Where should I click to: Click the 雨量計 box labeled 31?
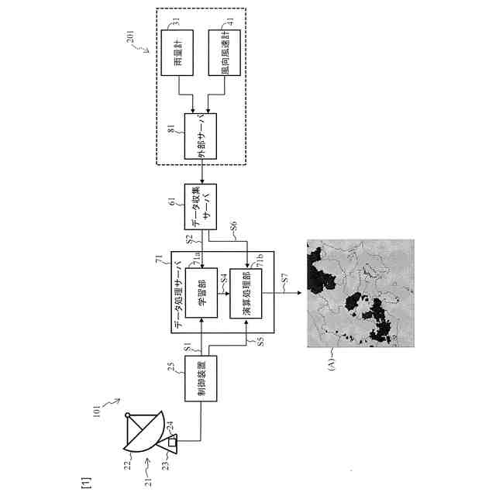click(x=177, y=53)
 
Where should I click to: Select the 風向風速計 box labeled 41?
click(x=226, y=53)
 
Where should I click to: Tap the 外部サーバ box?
click(x=201, y=137)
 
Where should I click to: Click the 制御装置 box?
click(x=201, y=379)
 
